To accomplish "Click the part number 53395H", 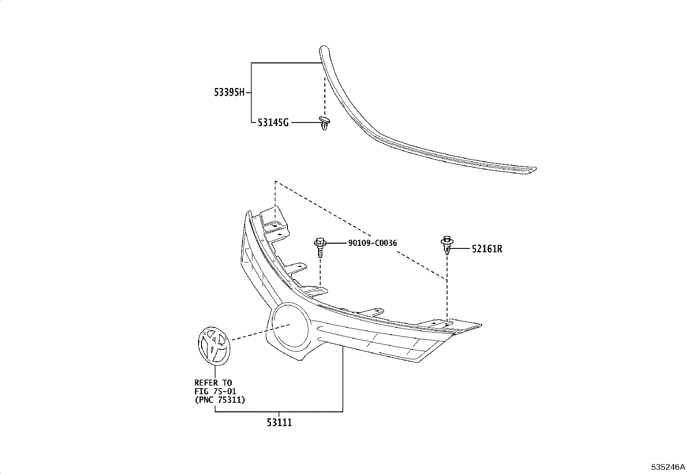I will tap(229, 92).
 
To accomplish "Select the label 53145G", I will tap(273, 123).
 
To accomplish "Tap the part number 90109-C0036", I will tap(372, 243).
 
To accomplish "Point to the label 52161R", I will tap(487, 249).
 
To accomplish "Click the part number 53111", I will tap(279, 423).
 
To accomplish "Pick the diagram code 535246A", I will tap(668, 467).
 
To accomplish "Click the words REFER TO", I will tap(213, 383).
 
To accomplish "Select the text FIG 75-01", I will tap(215, 391).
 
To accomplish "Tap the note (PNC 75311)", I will tap(220, 400).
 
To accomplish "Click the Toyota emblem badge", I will tap(213, 346).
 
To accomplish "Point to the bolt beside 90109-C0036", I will tap(320, 248).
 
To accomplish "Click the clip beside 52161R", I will tap(447, 246).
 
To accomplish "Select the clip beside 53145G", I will tap(323, 122).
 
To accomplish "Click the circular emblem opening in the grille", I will tap(290, 325).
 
